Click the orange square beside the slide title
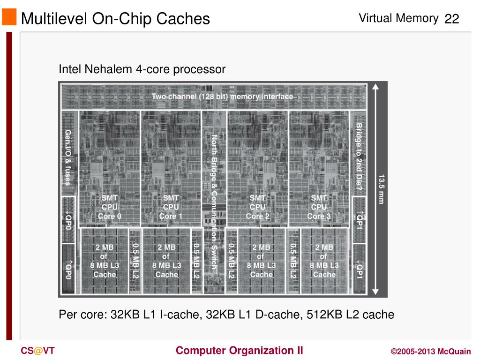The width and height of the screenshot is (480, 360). tap(9, 17)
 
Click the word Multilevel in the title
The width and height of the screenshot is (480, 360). tap(54, 18)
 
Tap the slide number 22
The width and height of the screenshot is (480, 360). tap(452, 19)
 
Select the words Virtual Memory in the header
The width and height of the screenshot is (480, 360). tap(398, 18)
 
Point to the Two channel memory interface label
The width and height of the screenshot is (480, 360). tap(223, 97)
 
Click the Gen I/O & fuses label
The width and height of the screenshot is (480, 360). tap(68, 157)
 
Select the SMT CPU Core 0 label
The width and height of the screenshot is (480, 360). tap(110, 207)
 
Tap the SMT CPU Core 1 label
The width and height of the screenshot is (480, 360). tap(171, 207)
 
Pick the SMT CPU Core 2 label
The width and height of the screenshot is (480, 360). tap(258, 207)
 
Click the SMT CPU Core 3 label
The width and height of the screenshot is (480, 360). tap(319, 207)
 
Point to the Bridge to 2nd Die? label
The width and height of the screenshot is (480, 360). tap(359, 157)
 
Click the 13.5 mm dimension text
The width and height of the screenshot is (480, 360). tap(381, 189)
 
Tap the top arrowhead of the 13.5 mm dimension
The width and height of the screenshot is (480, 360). tap(375, 86)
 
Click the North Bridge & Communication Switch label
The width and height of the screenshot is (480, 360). tap(214, 202)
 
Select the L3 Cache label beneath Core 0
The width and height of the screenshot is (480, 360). tap(105, 261)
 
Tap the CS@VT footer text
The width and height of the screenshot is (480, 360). tap(37, 351)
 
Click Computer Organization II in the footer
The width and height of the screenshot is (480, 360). tap(239, 351)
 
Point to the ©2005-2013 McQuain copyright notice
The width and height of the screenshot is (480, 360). tap(431, 352)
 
